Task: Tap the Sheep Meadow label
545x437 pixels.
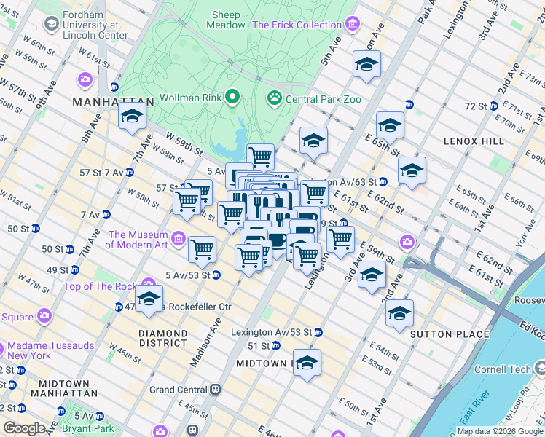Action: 227,20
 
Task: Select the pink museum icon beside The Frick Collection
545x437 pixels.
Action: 352,25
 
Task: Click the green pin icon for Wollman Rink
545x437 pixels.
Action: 233,97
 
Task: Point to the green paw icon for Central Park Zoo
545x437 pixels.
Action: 275,98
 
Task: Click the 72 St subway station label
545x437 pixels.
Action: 476,106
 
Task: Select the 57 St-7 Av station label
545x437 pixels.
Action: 102,173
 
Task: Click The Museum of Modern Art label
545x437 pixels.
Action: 138,240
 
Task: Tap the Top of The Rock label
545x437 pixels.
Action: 102,286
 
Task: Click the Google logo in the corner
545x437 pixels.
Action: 24,428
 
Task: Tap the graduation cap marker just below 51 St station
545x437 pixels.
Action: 307,362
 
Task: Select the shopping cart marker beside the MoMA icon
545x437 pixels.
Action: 202,249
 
